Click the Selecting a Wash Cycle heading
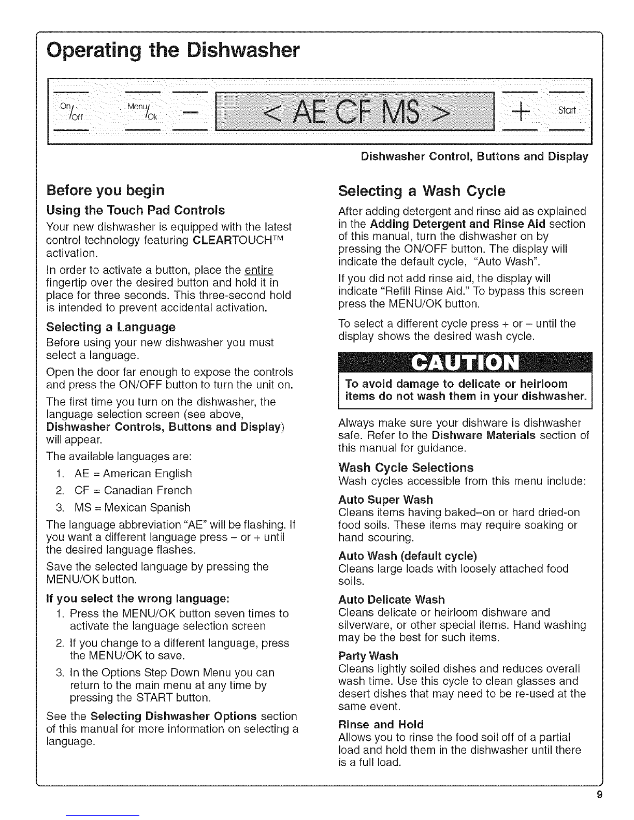[421, 191]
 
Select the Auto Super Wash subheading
[385, 500]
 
